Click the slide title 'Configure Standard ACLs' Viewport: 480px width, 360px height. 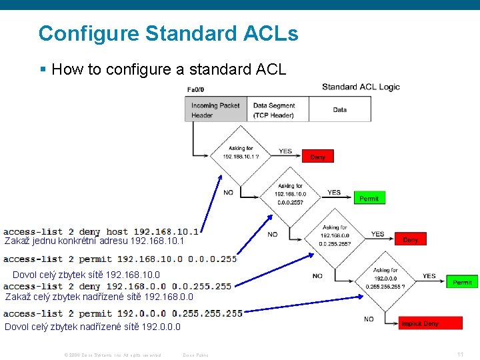[x=168, y=33]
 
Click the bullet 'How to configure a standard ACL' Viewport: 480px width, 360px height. [x=168, y=69]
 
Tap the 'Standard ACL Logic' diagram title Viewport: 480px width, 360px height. [x=361, y=87]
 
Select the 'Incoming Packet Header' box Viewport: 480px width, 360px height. [x=215, y=110]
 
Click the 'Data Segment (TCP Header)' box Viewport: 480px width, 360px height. [x=278, y=110]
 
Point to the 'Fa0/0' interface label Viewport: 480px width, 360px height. [x=196, y=89]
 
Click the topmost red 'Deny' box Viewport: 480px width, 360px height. [x=318, y=157]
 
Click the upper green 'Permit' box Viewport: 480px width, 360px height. [x=369, y=198]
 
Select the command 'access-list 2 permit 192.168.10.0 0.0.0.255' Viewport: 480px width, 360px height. [x=120, y=259]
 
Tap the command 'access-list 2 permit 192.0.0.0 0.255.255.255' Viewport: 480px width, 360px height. [x=123, y=313]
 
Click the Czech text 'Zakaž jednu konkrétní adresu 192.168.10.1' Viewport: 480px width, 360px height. [x=94, y=241]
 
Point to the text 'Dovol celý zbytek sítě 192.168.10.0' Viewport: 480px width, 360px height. [x=86, y=274]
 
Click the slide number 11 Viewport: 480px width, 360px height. [x=460, y=354]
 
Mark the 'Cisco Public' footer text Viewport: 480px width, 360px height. [x=195, y=355]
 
